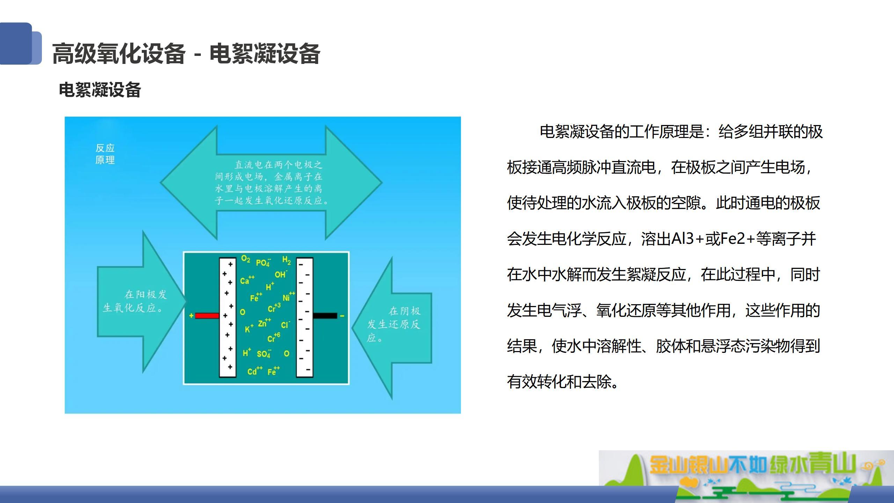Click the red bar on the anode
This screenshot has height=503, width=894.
[x=207, y=316]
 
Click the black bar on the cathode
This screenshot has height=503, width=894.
[x=325, y=316]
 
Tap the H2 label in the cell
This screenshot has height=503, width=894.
[x=286, y=260]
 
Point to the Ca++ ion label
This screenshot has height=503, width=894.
[x=247, y=280]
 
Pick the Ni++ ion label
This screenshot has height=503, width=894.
[x=289, y=297]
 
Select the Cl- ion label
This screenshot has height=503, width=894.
[x=285, y=325]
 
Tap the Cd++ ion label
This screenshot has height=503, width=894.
[x=255, y=371]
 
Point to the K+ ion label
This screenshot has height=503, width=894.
[x=249, y=329]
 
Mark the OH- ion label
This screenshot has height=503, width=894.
[x=281, y=274]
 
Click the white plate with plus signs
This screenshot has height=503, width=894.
[x=227, y=318]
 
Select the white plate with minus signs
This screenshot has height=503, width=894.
[x=305, y=318]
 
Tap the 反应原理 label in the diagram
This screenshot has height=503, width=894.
[x=105, y=154]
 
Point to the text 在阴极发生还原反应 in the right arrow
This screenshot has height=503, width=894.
[x=394, y=325]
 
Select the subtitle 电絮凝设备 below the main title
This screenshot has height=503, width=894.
[x=100, y=90]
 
